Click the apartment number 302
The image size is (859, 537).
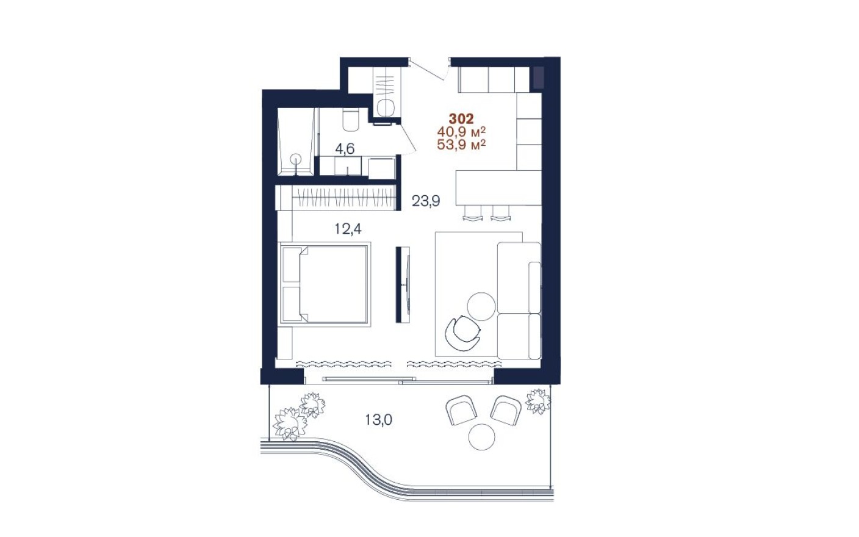click(461, 119)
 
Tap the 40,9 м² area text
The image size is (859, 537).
click(461, 132)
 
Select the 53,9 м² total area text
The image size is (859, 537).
click(461, 145)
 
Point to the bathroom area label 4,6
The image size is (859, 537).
click(344, 148)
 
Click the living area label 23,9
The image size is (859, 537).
click(425, 201)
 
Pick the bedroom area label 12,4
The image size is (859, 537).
click(348, 229)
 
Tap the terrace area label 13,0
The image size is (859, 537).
click(378, 420)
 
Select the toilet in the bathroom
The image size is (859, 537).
click(351, 120)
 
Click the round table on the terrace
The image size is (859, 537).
click(482, 437)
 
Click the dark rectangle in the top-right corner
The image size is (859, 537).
click(538, 77)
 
